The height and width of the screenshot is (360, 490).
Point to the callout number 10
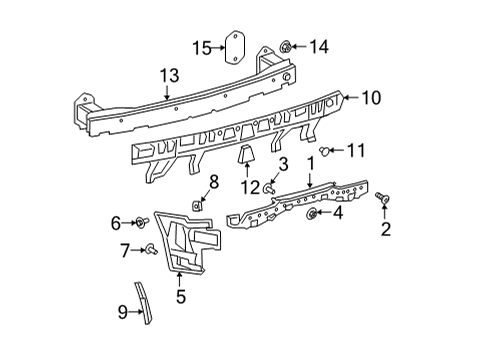[x=372, y=98]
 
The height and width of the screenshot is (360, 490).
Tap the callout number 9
[x=122, y=313]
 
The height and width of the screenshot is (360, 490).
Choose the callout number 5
[x=180, y=295]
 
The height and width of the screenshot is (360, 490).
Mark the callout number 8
[x=213, y=180]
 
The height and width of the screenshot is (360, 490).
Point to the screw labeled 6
[x=145, y=221]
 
